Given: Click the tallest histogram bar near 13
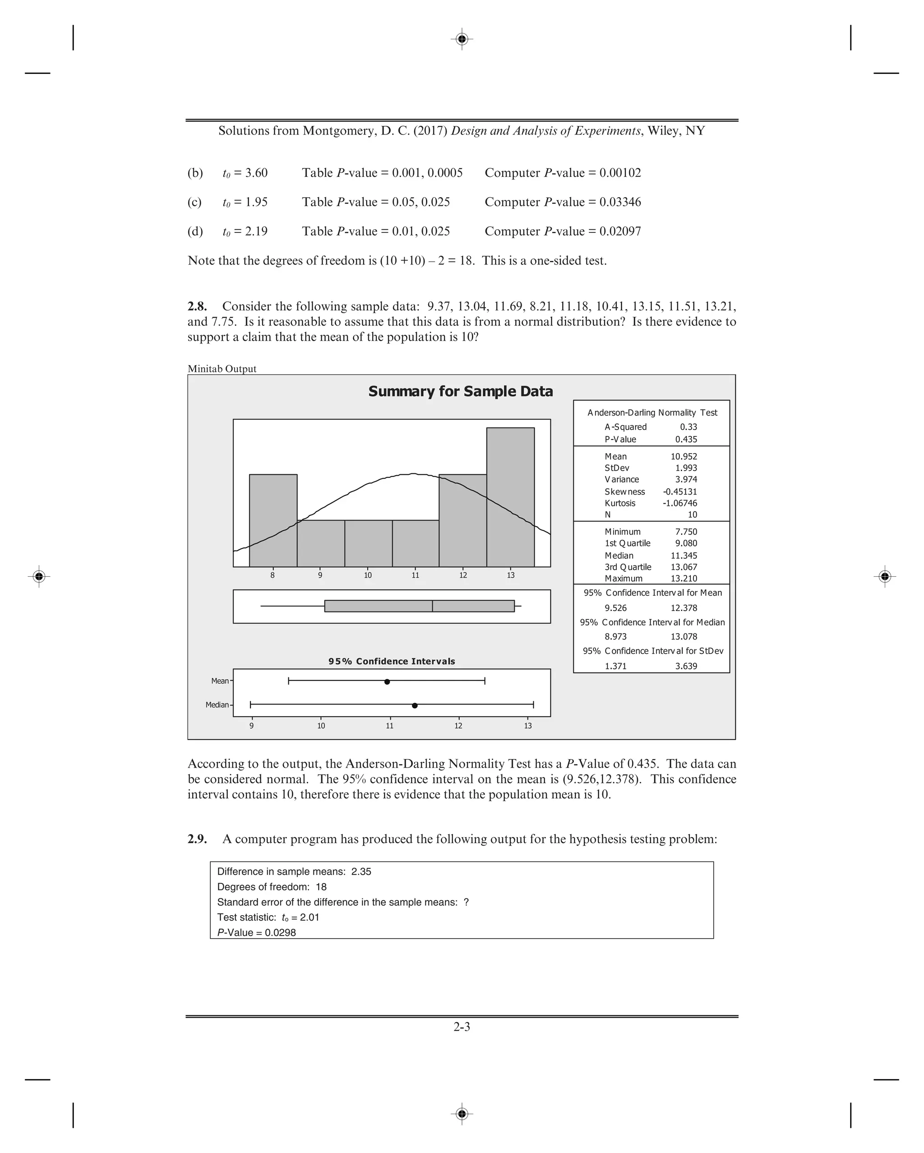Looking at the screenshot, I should [x=510, y=497].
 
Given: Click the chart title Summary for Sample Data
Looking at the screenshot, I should [x=460, y=391].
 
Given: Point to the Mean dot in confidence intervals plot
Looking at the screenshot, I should [x=387, y=681].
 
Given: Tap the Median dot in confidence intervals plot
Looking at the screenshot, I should [x=415, y=705].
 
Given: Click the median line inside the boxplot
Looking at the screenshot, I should [x=432, y=606].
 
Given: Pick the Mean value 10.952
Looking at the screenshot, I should [x=684, y=456].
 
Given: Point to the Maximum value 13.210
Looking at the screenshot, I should [x=684, y=578].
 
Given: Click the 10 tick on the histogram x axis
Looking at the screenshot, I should [x=368, y=575].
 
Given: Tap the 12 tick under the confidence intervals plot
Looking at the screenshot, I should [x=458, y=726].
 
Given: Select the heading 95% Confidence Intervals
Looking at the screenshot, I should [x=392, y=661].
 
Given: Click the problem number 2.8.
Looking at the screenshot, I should [x=197, y=306].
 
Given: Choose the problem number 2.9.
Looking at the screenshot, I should [x=197, y=838].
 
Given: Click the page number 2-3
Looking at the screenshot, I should [x=462, y=1026].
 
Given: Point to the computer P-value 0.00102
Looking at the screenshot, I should [x=620, y=173].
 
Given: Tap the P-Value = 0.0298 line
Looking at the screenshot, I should [x=256, y=932].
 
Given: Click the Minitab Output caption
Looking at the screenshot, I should [x=222, y=369].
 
